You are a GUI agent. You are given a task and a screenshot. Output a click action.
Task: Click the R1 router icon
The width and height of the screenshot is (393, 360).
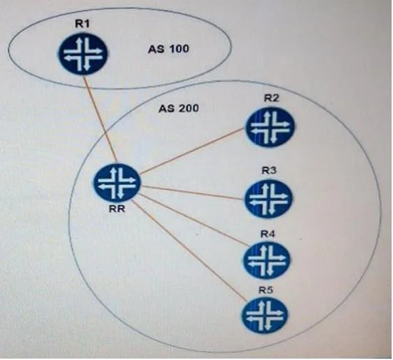[83, 54]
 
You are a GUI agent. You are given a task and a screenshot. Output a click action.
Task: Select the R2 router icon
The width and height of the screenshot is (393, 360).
[270, 127]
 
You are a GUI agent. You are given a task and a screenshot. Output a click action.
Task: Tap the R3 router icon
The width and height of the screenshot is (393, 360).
[269, 198]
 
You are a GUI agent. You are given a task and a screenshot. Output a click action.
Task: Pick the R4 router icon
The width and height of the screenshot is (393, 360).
[267, 260]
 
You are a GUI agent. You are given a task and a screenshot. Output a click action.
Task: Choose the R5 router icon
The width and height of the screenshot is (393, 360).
[265, 315]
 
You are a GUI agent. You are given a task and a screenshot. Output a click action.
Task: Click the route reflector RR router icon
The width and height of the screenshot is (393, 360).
[117, 182]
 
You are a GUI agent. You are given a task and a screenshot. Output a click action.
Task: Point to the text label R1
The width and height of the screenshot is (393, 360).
[82, 24]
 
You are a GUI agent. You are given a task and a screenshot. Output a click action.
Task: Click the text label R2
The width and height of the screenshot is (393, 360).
[271, 98]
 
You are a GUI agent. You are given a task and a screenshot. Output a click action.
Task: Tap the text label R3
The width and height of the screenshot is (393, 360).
[269, 171]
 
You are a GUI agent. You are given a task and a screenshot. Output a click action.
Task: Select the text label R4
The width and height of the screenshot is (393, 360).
[268, 234]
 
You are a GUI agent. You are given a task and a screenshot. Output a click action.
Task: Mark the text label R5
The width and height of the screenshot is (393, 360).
[266, 290]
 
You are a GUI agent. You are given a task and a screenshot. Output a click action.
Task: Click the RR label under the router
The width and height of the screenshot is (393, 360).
[117, 209]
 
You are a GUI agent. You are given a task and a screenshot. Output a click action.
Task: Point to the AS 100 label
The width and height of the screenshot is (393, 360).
[168, 48]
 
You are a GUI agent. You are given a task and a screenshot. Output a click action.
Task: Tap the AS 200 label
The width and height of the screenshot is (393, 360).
[179, 109]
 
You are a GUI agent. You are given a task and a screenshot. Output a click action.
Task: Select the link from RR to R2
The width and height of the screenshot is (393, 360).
[193, 151]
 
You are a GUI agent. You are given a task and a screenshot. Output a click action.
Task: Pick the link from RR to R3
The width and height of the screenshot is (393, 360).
[193, 193]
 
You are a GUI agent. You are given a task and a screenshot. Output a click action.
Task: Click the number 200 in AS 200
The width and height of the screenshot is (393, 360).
[189, 109]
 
